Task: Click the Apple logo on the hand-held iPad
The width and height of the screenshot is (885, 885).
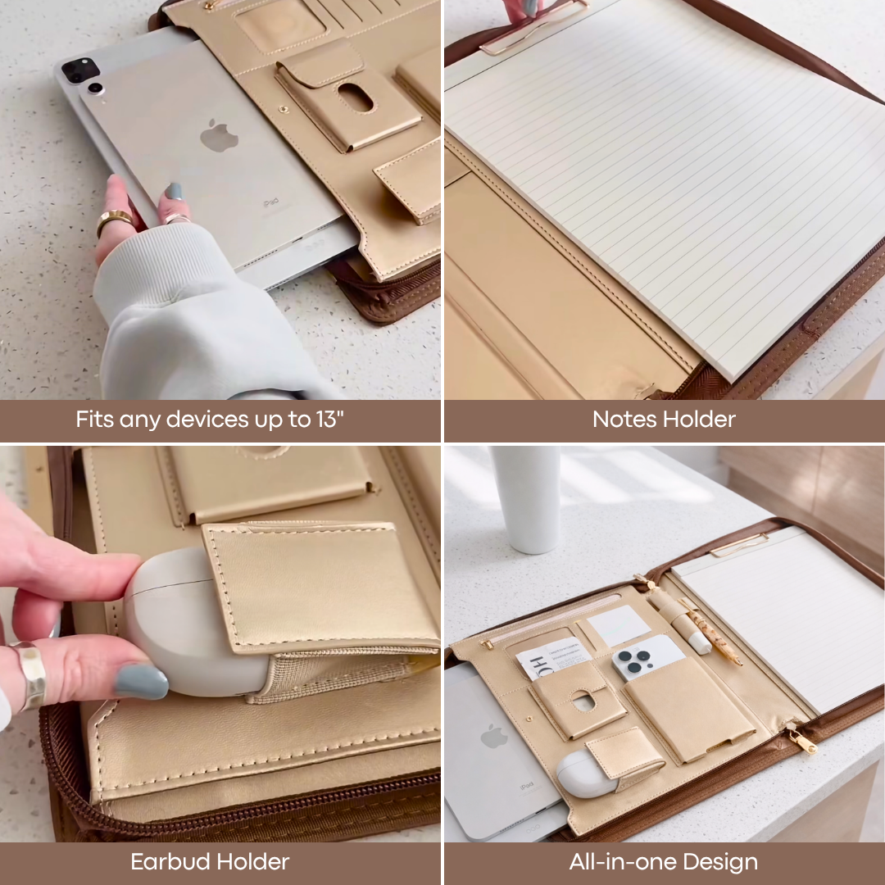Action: [219, 136]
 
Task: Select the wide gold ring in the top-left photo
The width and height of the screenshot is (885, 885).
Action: [114, 221]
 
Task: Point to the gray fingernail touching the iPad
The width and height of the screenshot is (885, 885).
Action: [174, 192]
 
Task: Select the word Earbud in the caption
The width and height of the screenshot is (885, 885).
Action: [169, 862]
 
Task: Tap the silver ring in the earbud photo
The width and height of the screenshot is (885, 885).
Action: [31, 674]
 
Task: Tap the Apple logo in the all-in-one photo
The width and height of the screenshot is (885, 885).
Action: [493, 736]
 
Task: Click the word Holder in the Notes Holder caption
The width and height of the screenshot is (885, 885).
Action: [699, 420]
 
